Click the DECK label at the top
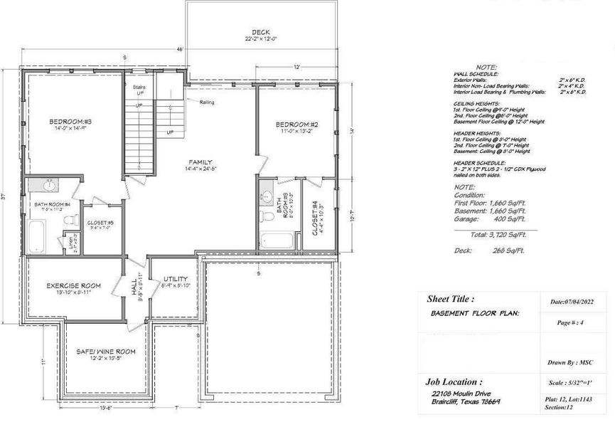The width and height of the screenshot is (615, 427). coord(259,32)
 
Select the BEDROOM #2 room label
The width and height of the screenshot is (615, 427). coord(295,125)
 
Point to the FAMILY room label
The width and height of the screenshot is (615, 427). coord(201,162)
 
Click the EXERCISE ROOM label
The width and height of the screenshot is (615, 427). coord(73,285)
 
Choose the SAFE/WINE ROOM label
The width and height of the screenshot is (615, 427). coord(105,351)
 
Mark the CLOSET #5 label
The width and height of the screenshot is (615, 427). coord(97,222)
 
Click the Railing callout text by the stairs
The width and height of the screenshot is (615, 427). coord(208,102)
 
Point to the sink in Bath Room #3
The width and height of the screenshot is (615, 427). coord(266,194)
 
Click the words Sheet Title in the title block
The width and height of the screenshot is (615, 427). coord(449,300)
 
